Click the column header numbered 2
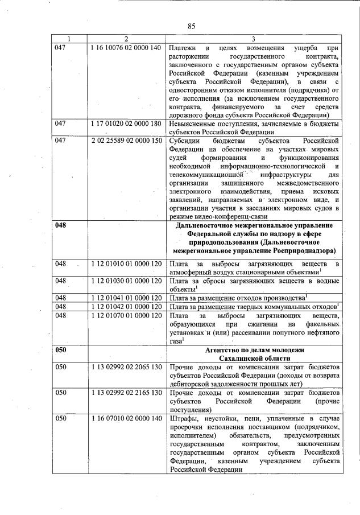pos(126,39)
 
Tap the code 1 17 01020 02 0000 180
pos(126,123)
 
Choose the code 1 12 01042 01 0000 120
pos(126,307)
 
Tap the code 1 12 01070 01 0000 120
pos(126,315)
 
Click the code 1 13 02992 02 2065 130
pos(126,368)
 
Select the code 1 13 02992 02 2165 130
pos(126,393)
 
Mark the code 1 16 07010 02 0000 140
pos(126,418)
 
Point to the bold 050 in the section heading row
pos(60,349)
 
